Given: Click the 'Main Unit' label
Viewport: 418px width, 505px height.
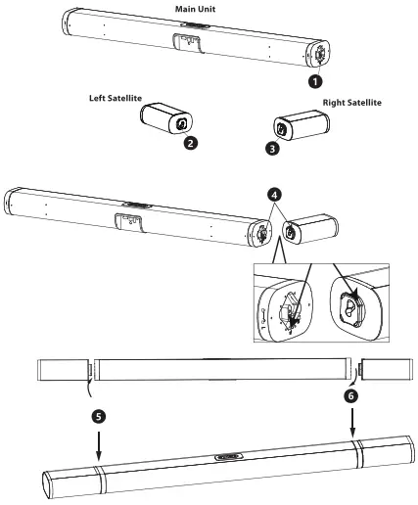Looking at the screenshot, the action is pyautogui.click(x=195, y=9).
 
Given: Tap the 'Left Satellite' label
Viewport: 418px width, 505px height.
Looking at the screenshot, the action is pyautogui.click(x=116, y=98).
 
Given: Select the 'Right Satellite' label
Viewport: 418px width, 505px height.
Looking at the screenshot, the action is pyautogui.click(x=352, y=103).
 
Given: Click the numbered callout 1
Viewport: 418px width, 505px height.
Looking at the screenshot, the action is pyautogui.click(x=315, y=81).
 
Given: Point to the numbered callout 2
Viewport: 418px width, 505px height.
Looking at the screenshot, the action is pyautogui.click(x=191, y=143).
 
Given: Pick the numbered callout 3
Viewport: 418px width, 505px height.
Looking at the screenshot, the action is pyautogui.click(x=272, y=149).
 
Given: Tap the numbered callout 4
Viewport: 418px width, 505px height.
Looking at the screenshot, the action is pyautogui.click(x=274, y=195).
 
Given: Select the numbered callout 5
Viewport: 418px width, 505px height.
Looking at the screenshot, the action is pyautogui.click(x=99, y=416).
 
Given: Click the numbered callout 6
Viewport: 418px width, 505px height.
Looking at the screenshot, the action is pyautogui.click(x=351, y=396).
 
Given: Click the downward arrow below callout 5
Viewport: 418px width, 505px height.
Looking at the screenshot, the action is pyautogui.click(x=99, y=445).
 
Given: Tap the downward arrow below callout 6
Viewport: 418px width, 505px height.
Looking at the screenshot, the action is pyautogui.click(x=352, y=423).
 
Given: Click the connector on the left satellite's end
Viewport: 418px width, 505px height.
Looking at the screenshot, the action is pyautogui.click(x=181, y=124).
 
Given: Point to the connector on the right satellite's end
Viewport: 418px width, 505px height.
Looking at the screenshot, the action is pyautogui.click(x=281, y=128).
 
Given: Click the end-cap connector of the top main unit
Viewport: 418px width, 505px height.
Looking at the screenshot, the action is pyautogui.click(x=319, y=54).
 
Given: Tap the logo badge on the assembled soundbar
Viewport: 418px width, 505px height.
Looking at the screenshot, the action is pyautogui.click(x=229, y=456).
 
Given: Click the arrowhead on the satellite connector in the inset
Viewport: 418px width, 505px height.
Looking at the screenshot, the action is pyautogui.click(x=355, y=292).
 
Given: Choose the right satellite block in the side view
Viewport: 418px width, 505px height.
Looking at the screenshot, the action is pyautogui.click(x=385, y=369).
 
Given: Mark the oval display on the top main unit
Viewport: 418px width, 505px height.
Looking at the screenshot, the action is pyautogui.click(x=197, y=25).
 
